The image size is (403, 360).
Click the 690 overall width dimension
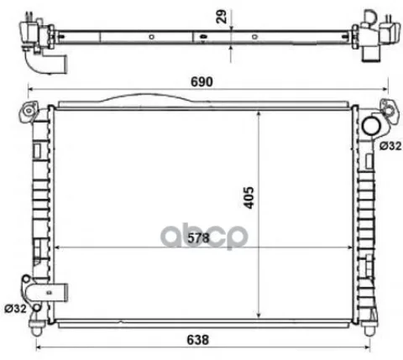[201, 81]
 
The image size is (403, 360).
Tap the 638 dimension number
[197, 340]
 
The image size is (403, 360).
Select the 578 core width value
[198, 238]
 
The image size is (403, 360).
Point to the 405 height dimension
[249, 198]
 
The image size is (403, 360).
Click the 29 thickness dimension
[221, 17]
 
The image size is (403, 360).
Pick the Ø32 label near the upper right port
[390, 146]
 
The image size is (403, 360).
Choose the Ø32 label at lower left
[16, 309]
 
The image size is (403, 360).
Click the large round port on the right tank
[371, 127]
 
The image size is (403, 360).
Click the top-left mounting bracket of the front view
[29, 111]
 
